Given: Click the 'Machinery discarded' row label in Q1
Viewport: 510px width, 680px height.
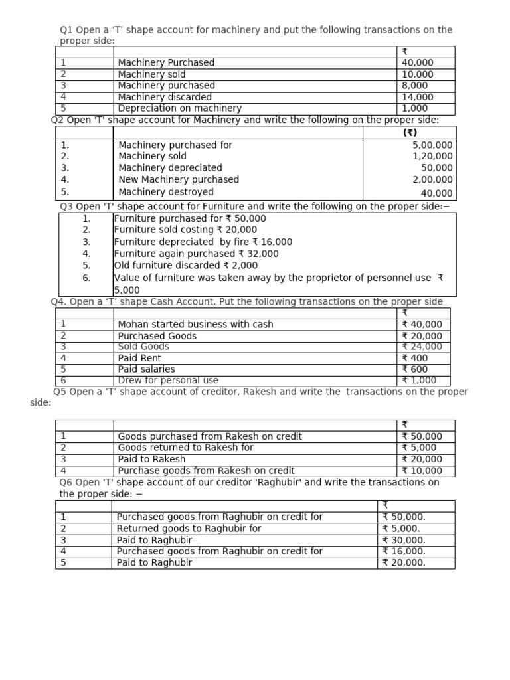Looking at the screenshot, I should [x=165, y=97].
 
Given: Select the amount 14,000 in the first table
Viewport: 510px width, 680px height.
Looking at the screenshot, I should [x=417, y=97].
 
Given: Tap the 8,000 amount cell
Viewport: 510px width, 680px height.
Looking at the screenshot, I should [x=415, y=86].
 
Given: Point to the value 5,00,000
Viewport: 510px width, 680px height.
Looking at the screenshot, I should [x=432, y=145].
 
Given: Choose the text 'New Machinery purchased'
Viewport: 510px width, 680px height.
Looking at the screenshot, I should [x=179, y=179].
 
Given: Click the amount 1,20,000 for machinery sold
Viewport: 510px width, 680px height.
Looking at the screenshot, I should [x=432, y=157].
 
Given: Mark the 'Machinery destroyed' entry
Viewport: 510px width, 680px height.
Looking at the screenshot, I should [x=166, y=192].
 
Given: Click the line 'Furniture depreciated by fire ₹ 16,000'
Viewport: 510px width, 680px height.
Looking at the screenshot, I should [x=203, y=242].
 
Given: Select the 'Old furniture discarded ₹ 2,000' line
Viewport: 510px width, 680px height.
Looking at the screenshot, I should [x=186, y=265].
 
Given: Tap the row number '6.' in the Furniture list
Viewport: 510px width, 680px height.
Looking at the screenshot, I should [x=87, y=278].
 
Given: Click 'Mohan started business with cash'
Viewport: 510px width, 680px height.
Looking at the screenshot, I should [x=195, y=325].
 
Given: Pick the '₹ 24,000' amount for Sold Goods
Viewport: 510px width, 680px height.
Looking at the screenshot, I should [x=422, y=347].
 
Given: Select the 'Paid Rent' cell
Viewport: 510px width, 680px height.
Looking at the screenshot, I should [x=139, y=358].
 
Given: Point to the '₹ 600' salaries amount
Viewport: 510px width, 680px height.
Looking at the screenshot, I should [x=415, y=369].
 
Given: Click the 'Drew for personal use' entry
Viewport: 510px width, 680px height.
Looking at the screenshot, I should [x=168, y=381].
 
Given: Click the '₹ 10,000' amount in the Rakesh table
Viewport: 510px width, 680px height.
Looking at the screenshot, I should [x=422, y=471].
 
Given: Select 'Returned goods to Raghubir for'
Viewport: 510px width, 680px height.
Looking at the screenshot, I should [x=189, y=529].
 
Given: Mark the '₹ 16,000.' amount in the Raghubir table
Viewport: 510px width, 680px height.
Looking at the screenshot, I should [x=404, y=551].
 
